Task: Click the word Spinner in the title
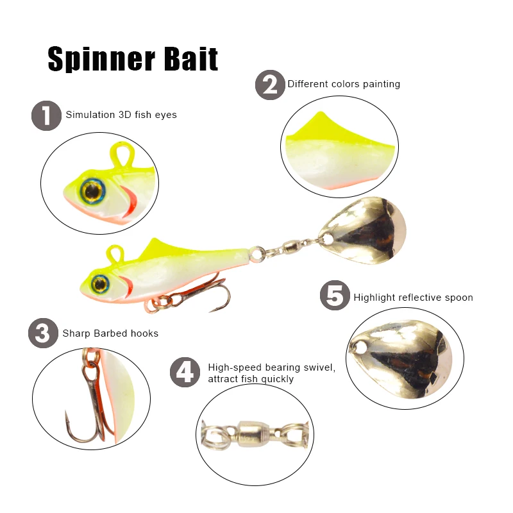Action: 97,59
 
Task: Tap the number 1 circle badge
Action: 46,116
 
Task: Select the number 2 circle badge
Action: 270,85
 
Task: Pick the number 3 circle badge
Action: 43,333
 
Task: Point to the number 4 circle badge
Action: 185,373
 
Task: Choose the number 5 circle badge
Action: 335,297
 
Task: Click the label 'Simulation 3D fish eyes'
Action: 121,115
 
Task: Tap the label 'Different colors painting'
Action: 344,84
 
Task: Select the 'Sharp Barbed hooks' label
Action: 110,333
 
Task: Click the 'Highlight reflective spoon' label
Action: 413,298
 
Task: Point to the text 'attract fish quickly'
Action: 251,379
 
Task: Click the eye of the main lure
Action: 99,283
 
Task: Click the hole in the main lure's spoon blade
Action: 329,239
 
